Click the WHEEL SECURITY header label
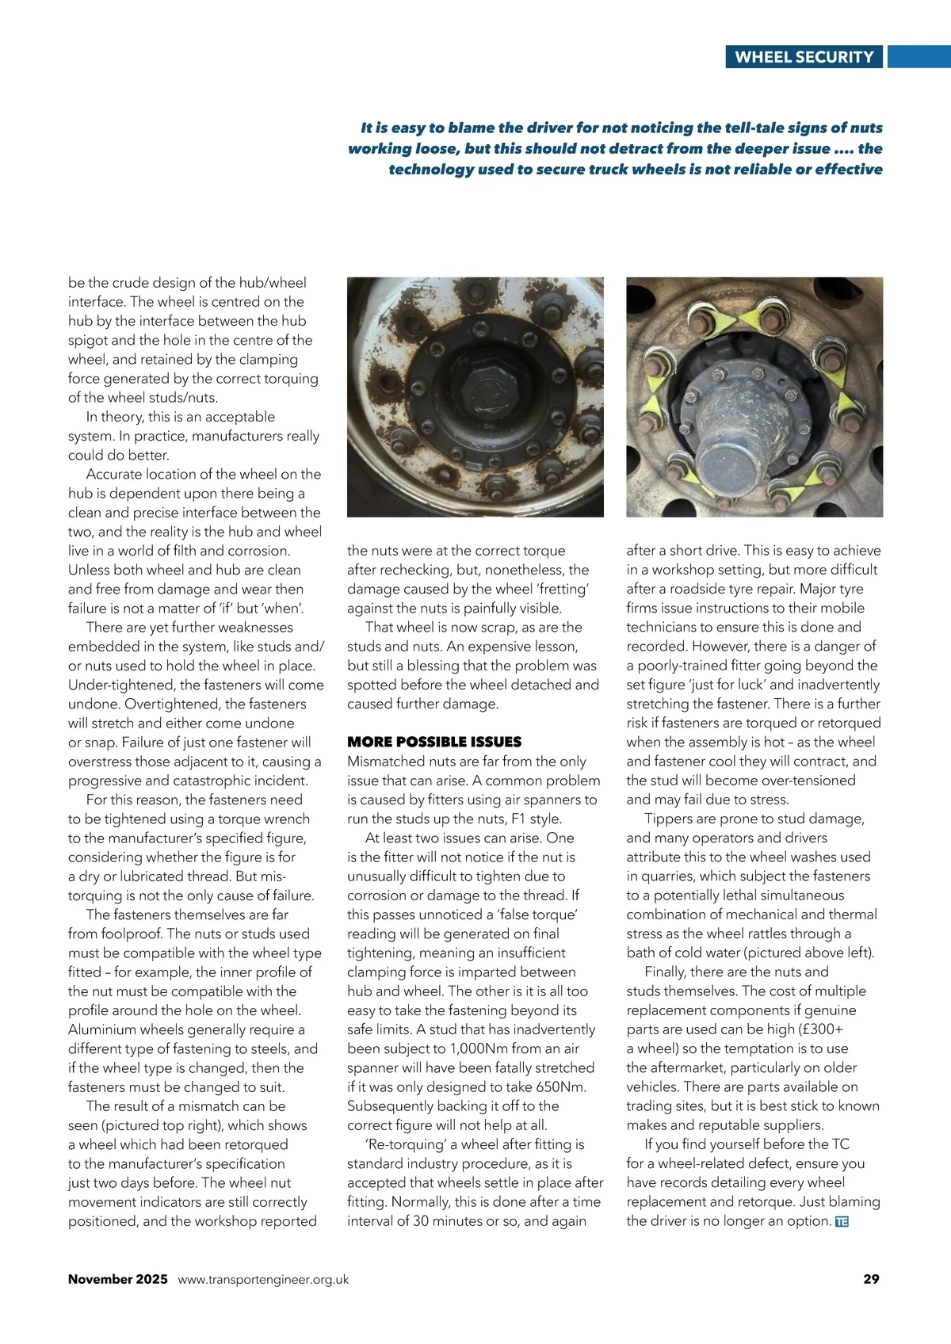pyautogui.click(x=804, y=57)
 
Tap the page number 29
pyautogui.click(x=871, y=1279)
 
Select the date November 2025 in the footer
pyautogui.click(x=118, y=1279)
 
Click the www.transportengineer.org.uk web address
pyautogui.click(x=263, y=1279)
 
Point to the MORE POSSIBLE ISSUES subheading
pyautogui.click(x=434, y=742)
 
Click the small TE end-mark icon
pyautogui.click(x=842, y=1222)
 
